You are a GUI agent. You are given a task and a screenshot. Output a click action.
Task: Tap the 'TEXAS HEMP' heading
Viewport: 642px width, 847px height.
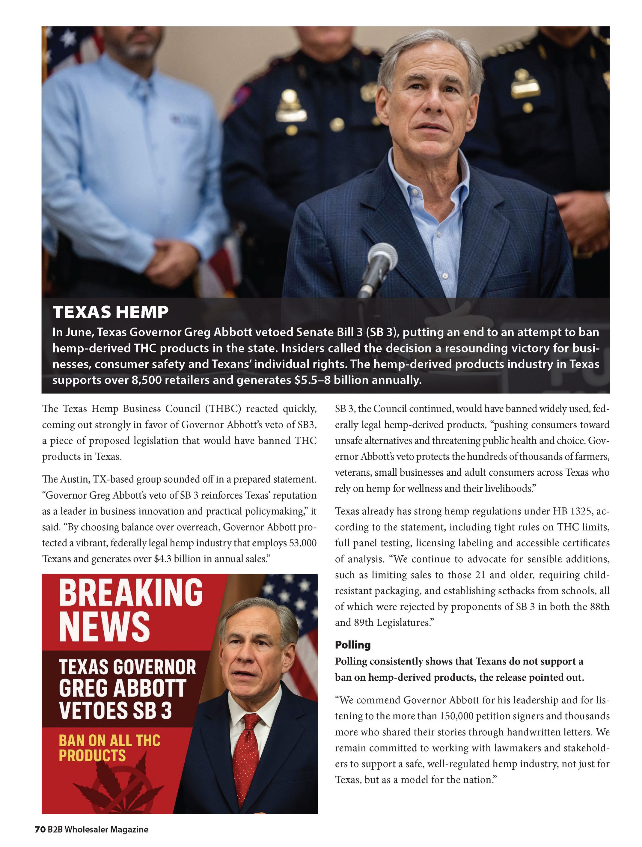(110, 312)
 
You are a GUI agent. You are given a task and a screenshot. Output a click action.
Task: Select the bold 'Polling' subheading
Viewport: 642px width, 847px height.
(352, 645)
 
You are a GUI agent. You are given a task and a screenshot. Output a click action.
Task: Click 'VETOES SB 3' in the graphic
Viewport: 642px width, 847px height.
(115, 711)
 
